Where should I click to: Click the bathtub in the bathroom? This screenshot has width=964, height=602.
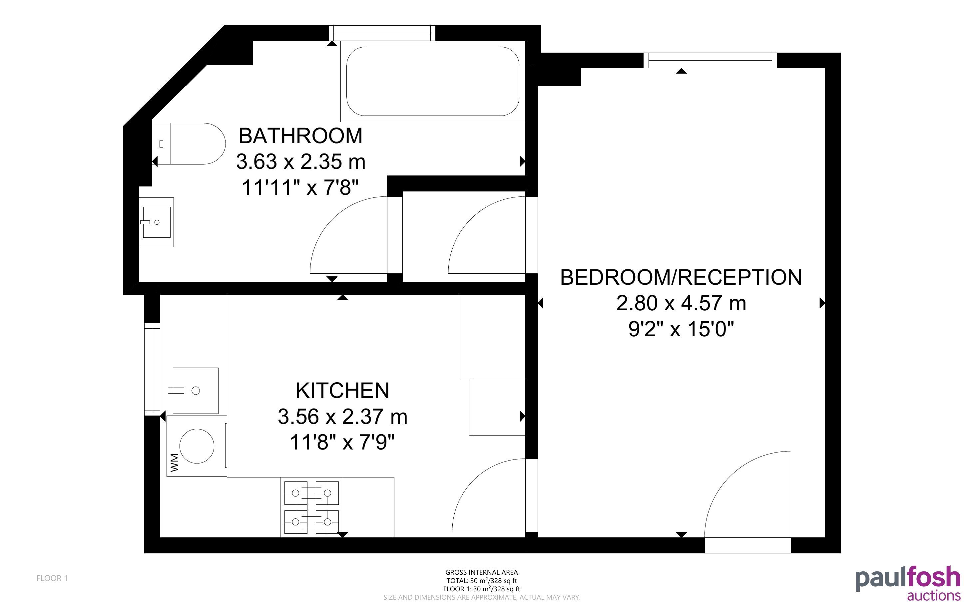pos(433,81)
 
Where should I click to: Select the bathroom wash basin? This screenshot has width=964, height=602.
pos(156,222)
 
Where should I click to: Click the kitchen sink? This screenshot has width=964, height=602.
pos(196,391)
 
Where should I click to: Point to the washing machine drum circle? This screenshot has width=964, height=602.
pos(197,446)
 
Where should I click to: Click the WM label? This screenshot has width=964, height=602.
pos(175,462)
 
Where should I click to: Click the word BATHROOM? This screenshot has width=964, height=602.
pos(301,136)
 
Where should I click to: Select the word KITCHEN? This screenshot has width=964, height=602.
pos(342,390)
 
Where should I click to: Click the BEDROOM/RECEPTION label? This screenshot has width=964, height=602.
pos(681,277)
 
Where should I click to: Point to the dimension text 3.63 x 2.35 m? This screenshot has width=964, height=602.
pos(301,161)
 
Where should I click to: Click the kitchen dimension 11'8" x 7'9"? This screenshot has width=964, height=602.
pos(342,442)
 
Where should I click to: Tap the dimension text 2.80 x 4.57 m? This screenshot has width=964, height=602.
pos(681,303)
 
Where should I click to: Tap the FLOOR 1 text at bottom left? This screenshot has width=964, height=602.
pos(52,578)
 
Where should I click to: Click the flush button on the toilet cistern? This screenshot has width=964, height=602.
pos(161,144)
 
